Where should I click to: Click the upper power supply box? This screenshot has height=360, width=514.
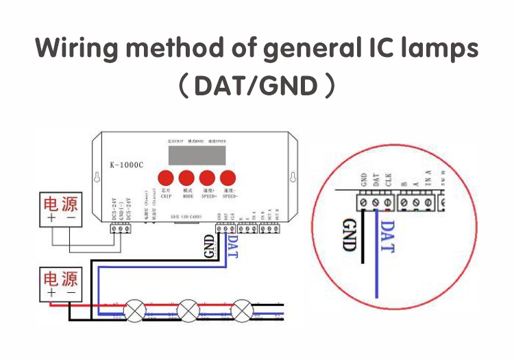point(61,208)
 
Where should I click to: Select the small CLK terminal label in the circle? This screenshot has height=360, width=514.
point(389,182)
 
